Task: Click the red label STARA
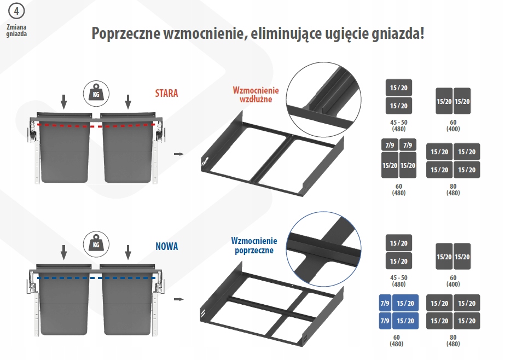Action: coord(166,93)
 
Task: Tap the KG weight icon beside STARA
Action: coord(96,94)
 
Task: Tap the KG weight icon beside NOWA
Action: coord(96,244)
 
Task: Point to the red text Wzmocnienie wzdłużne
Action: coord(256,95)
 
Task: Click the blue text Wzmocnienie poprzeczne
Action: coord(254,245)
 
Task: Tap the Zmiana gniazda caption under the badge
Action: coord(16,30)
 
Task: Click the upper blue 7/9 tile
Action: coord(385,304)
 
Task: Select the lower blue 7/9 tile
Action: coord(385,321)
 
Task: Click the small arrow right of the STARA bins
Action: coord(178,154)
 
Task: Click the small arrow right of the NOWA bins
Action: coord(178,299)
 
